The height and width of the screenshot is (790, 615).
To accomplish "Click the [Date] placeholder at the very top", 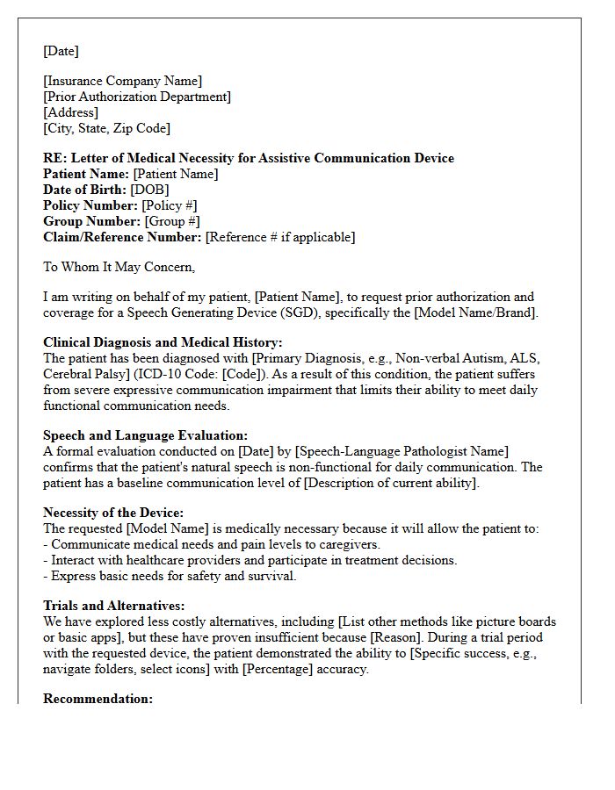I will [61, 51].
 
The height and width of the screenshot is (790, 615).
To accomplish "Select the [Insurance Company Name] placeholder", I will [122, 82].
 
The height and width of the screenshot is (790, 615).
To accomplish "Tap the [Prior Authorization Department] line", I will [137, 97].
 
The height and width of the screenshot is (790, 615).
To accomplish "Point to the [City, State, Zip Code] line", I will [106, 128].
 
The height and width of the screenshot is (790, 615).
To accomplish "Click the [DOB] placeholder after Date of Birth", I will [149, 190].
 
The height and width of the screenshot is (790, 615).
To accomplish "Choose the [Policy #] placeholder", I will [164, 205].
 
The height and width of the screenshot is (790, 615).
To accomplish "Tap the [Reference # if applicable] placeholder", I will [280, 237].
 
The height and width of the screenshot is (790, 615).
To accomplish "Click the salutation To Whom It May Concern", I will [119, 267].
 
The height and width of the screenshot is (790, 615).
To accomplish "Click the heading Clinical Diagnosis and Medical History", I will [163, 343].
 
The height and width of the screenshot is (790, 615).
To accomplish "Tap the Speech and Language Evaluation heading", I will [145, 435].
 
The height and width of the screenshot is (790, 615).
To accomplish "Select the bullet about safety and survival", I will [170, 576].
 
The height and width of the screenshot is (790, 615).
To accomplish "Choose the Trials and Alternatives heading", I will [113, 607].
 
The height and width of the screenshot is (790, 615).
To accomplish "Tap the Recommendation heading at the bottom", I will [98, 699].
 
